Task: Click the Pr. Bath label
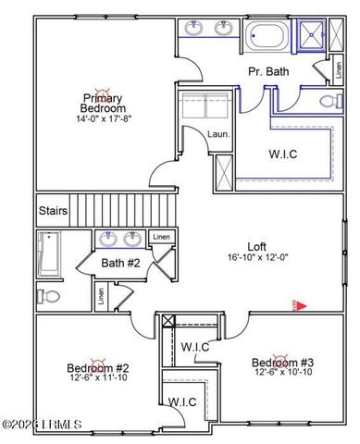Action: click(x=266, y=70)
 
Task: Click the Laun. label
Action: click(x=217, y=134)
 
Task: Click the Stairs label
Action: click(x=53, y=210)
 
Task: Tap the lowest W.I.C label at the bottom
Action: click(x=182, y=401)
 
